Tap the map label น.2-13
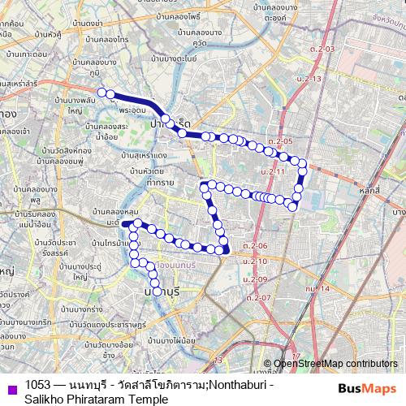(x=309, y=78)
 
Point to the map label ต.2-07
(x=259, y=298)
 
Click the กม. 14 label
(x=317, y=288)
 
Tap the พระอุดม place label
(x=131, y=107)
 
